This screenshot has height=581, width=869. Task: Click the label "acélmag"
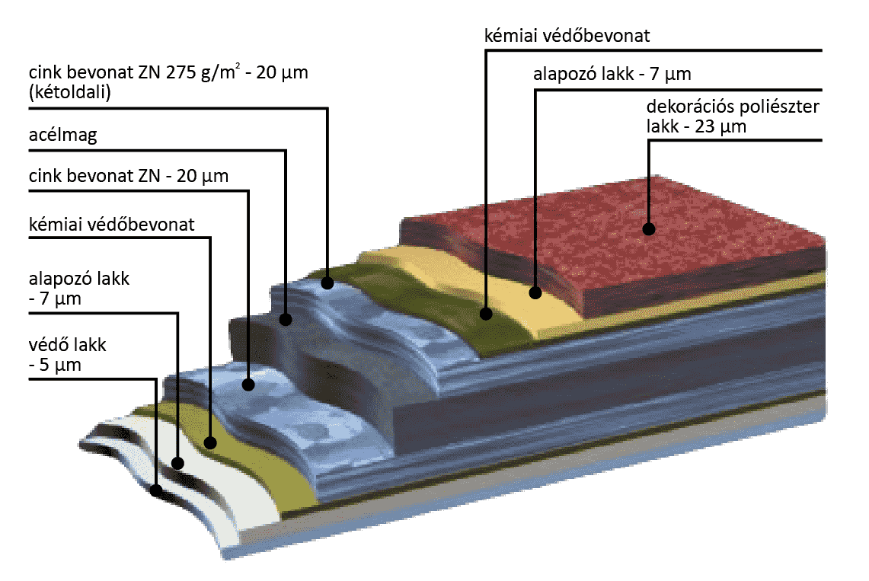point(63,136)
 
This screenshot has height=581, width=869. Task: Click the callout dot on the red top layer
point(648,228)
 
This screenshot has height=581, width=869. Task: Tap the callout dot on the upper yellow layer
point(535,292)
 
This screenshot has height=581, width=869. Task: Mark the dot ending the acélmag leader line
point(286,320)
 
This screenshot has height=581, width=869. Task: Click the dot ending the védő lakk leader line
point(156,490)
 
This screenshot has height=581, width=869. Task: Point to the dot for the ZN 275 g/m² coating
point(327,283)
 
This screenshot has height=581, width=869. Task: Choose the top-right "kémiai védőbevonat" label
point(567,36)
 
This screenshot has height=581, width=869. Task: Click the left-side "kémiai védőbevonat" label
point(111,225)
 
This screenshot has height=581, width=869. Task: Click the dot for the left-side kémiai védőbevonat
point(211,442)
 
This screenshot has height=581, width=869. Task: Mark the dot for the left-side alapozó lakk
point(178,462)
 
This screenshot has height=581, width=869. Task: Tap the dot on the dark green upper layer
point(486,312)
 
